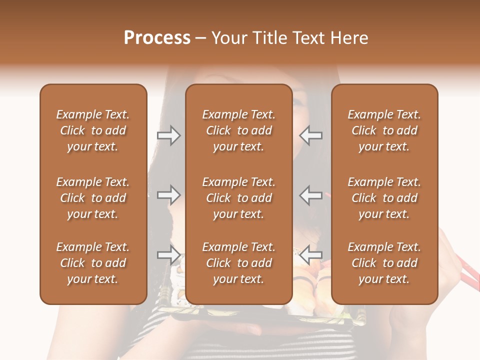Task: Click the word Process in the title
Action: pyautogui.click(x=157, y=38)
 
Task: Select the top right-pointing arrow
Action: pyautogui.click(x=168, y=135)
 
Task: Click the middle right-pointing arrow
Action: pyautogui.click(x=168, y=195)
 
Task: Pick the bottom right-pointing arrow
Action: pyautogui.click(x=168, y=254)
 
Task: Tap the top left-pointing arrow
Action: pyautogui.click(x=311, y=135)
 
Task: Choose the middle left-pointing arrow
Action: pyautogui.click(x=311, y=195)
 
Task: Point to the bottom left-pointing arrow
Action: pyautogui.click(x=311, y=254)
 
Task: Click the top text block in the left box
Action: pyautogui.click(x=93, y=130)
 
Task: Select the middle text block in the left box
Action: pyautogui.click(x=93, y=198)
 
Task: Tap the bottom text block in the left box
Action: pyautogui.click(x=93, y=263)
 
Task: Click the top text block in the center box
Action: pyautogui.click(x=239, y=130)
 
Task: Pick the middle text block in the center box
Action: pyautogui.click(x=239, y=198)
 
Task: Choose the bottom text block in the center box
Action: pyautogui.click(x=239, y=263)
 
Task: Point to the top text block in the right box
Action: pyautogui.click(x=384, y=130)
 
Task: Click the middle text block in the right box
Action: pyautogui.click(x=384, y=198)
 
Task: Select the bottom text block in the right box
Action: pyautogui.click(x=384, y=263)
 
